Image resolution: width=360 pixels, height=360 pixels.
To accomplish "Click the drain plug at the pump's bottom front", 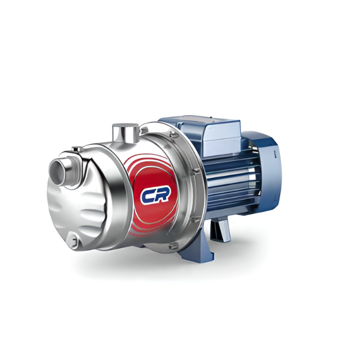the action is pyautogui.click(x=73, y=239).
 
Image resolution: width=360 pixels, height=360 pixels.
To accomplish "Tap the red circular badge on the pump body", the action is pyautogui.click(x=153, y=196).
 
